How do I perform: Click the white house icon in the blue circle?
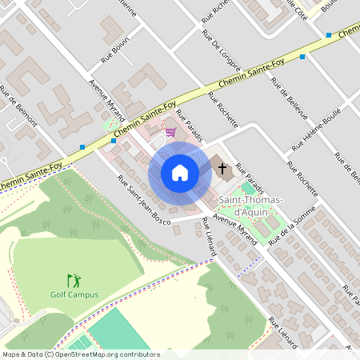[x=180, y=173]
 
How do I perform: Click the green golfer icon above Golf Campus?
[x=74, y=280]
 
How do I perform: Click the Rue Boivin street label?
[x=115, y=52]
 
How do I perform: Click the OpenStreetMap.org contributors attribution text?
[x=108, y=354]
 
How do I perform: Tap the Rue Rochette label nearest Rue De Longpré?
[x=222, y=110]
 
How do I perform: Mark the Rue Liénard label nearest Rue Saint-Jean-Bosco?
[x=210, y=238]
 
